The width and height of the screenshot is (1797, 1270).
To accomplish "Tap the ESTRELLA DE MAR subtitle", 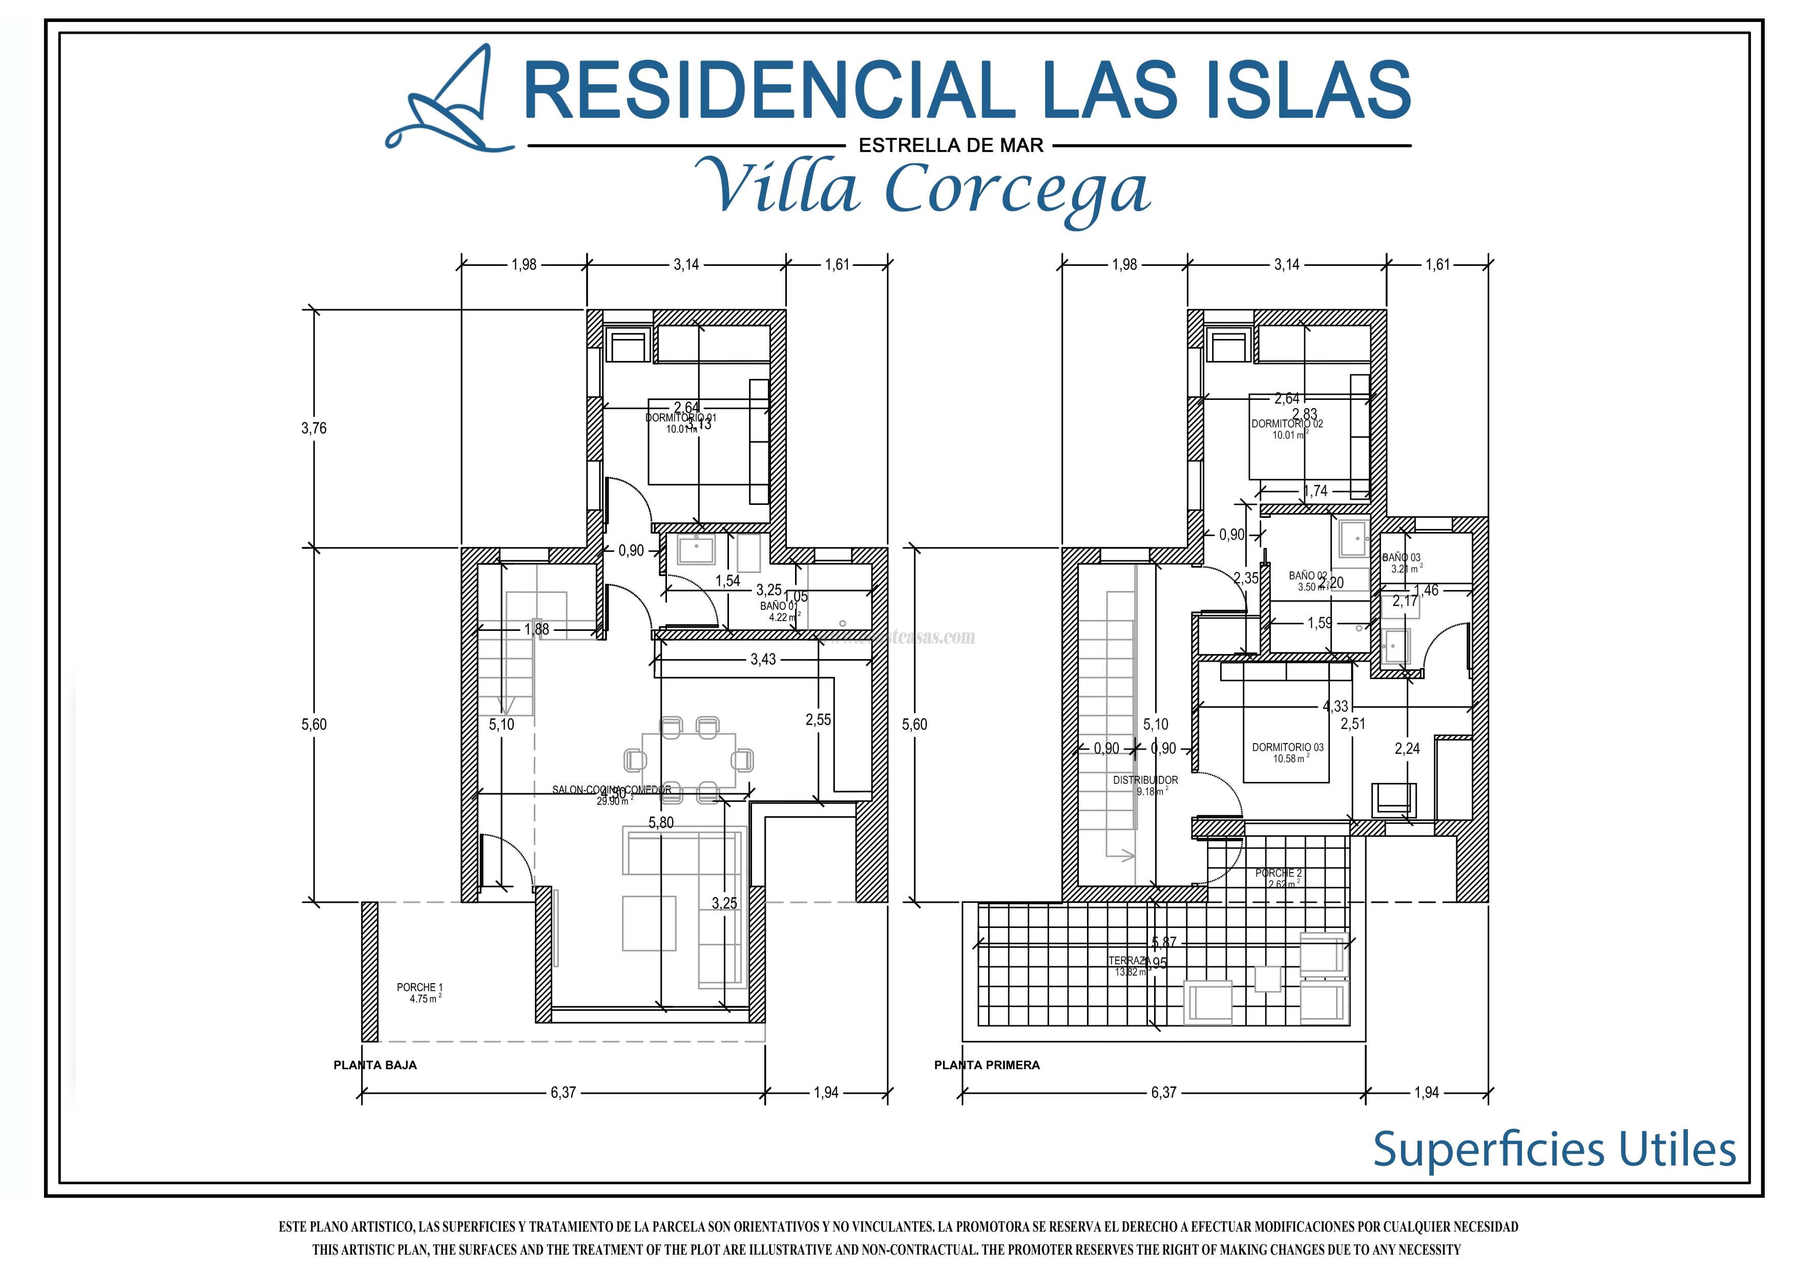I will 951,145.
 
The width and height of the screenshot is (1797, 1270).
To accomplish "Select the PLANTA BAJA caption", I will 375,1065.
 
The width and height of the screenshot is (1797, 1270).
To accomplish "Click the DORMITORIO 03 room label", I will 1287,747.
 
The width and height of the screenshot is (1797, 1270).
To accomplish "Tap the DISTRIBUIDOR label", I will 1145,780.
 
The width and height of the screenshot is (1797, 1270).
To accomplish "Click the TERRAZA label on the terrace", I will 1129,960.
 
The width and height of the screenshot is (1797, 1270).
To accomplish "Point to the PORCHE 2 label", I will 1278,873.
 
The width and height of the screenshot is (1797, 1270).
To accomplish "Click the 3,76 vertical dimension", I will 314,428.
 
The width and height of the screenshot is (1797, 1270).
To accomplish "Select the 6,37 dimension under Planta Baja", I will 563,1092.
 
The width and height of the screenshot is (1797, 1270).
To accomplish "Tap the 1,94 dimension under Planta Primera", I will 1426,1092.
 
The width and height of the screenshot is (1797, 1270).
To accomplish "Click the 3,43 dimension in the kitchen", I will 763,660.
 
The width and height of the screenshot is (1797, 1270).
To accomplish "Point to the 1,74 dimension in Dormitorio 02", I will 1315,492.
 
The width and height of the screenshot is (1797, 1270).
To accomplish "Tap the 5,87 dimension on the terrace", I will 1164,943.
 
